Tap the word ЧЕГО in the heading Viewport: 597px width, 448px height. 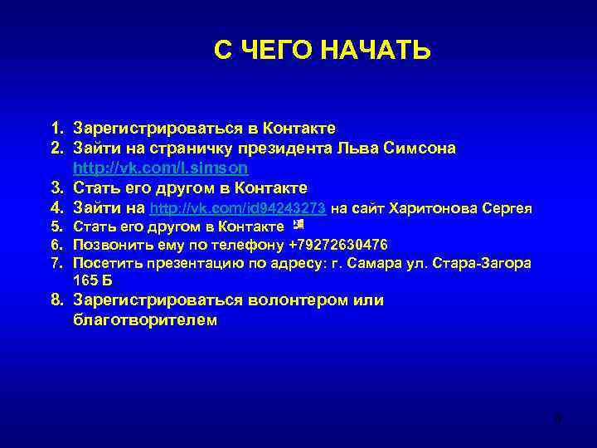tap(274, 51)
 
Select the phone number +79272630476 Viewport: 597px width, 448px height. tap(338, 245)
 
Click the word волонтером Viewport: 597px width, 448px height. tap(274, 300)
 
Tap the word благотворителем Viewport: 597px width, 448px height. tap(145, 320)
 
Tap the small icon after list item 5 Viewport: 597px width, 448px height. tap(298, 225)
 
